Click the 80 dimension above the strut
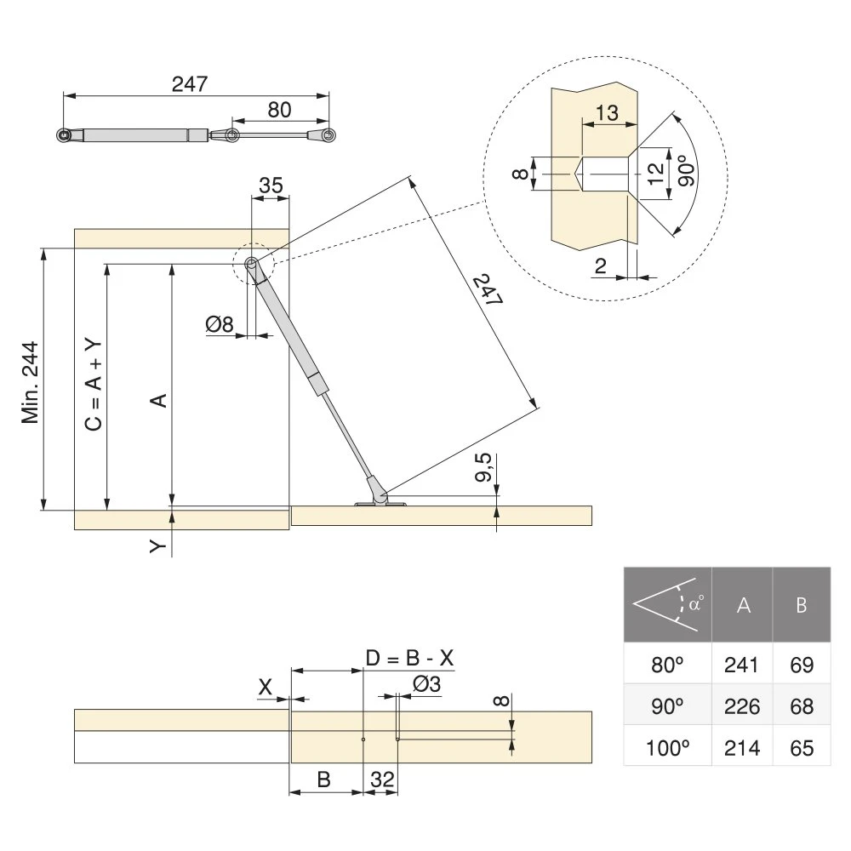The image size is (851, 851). pos(279,109)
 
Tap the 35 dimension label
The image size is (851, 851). pos(271,186)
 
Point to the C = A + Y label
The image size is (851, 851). pos(94,380)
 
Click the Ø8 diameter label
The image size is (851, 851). pos(220,324)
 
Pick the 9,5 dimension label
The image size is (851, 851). pos(483,470)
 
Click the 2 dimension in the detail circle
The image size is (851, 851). pos(601,267)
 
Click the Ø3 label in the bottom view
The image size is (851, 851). pos(426,683)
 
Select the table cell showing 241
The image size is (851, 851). pos(740,665)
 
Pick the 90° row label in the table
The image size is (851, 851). pos(667,706)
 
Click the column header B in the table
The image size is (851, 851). pos(801,606)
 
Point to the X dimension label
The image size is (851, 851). pos(266,686)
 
